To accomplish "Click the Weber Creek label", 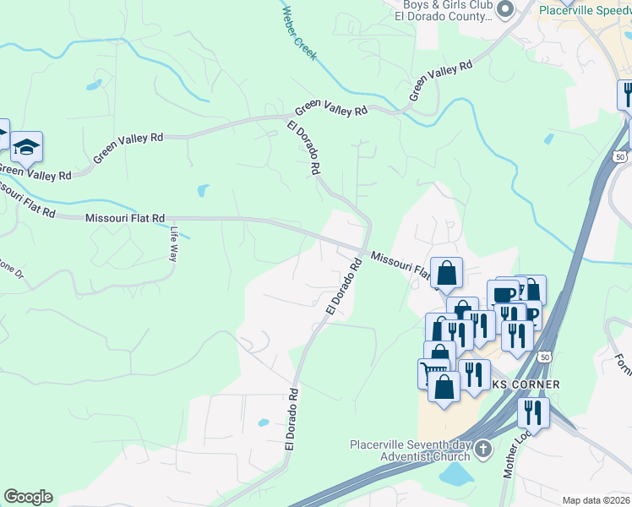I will [299, 34].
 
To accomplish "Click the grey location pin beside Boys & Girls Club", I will [506, 10].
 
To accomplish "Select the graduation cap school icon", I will [26, 148].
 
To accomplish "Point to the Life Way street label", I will [173, 243].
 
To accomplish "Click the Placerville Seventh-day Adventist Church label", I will [411, 451].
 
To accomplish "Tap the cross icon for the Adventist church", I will [483, 450].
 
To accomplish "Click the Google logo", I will [28, 497].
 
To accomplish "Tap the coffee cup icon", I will [503, 294].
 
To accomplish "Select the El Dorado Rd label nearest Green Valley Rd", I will [304, 147].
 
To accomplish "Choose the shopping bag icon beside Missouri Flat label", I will [446, 272].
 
